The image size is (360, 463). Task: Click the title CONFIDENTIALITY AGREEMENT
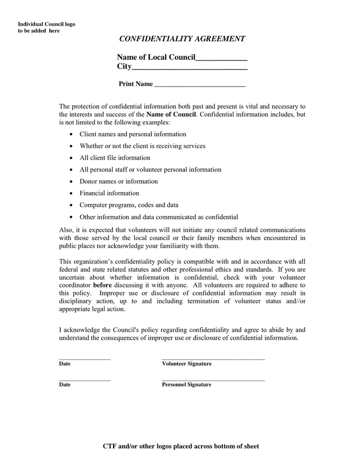pos(182,39)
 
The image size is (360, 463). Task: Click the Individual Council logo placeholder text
pos(46,27)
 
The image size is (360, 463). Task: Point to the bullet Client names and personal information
pos(133,134)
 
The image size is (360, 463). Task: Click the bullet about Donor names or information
pos(119,181)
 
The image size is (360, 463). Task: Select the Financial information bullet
pos(109,193)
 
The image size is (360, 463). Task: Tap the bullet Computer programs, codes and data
pos(129,205)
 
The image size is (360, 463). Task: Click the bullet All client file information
pos(115,158)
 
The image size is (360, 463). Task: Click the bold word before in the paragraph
pos(102,285)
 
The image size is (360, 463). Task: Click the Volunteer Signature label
pos(187,364)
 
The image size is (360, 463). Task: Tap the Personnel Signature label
pos(187,385)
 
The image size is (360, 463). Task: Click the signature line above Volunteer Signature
pos(213,359)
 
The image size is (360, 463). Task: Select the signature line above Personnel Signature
pos(213,380)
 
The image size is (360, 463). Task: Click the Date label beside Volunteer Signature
pos(65,364)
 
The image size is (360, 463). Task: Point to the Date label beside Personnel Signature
pos(65,385)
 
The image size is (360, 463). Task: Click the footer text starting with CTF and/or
pos(181,446)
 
